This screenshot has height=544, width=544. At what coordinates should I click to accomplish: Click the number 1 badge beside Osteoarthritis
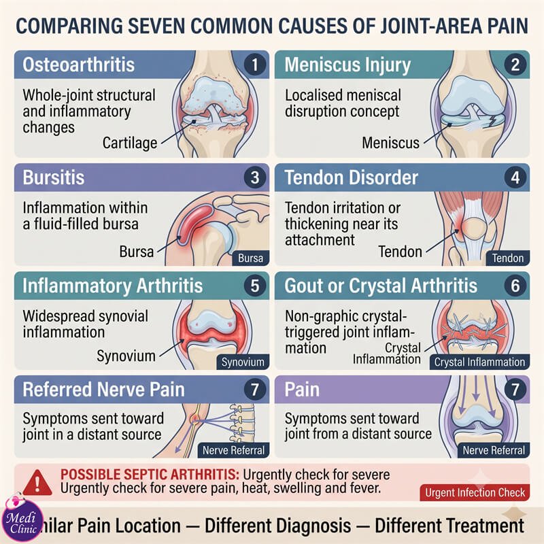[x=255, y=65]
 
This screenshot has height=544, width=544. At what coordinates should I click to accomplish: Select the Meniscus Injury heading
[x=347, y=65]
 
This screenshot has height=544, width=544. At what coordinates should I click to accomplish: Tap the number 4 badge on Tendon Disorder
[x=515, y=177]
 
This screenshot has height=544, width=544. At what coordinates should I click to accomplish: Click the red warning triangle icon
[x=37, y=483]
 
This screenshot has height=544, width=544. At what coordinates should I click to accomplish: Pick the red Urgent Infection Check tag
[x=475, y=492]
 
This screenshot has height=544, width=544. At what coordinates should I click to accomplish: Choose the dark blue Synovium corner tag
[x=243, y=362]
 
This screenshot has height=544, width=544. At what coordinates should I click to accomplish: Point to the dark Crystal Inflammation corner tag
[x=479, y=362]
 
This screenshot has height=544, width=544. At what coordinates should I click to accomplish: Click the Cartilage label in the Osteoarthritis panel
[x=130, y=143]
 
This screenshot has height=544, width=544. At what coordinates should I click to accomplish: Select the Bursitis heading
[x=54, y=177]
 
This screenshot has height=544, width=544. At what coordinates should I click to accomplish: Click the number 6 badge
[x=515, y=286]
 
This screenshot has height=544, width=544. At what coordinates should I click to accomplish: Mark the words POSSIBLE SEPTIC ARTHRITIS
[x=150, y=474]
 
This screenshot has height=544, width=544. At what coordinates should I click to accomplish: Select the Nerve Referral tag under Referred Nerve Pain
[x=233, y=450]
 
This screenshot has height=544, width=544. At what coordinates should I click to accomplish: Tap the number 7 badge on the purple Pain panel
[x=515, y=389]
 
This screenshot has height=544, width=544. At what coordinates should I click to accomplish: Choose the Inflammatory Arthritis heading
[x=112, y=286]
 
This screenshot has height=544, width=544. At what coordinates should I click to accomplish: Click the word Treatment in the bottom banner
[x=484, y=525]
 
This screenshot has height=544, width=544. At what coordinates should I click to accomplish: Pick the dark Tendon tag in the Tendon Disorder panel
[x=507, y=258]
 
